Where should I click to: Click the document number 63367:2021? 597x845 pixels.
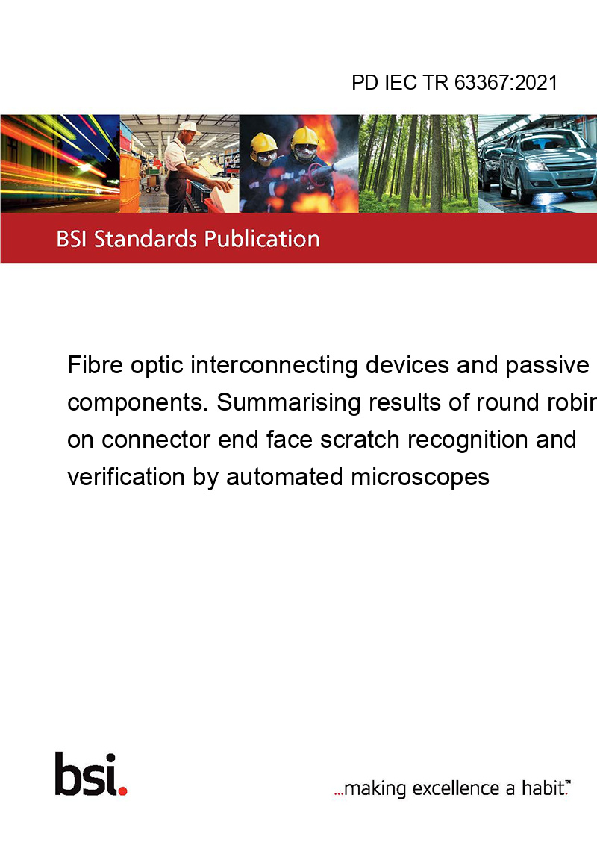(506, 82)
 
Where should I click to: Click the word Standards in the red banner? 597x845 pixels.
(146, 239)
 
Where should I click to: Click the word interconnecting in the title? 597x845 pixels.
(274, 365)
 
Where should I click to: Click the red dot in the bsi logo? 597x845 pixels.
(122, 791)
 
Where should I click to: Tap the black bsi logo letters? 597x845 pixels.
(87, 774)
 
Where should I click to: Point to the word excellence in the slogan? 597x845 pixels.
(456, 788)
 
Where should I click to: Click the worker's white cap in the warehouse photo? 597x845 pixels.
(189, 127)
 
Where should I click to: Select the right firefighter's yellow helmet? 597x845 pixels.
(304, 137)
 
